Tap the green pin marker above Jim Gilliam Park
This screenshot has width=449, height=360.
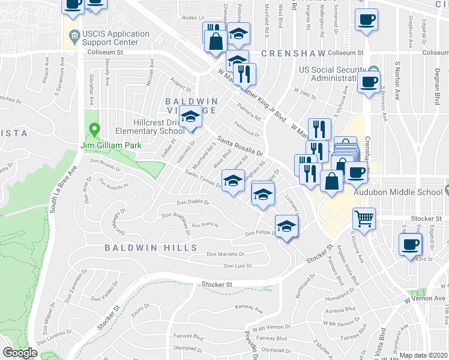[94, 129]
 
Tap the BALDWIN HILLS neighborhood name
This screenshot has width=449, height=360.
[150, 248]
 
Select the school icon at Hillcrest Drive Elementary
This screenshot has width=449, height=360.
[191, 116]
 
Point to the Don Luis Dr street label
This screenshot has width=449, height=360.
[237, 265]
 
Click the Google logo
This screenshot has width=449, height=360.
[20, 353]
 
